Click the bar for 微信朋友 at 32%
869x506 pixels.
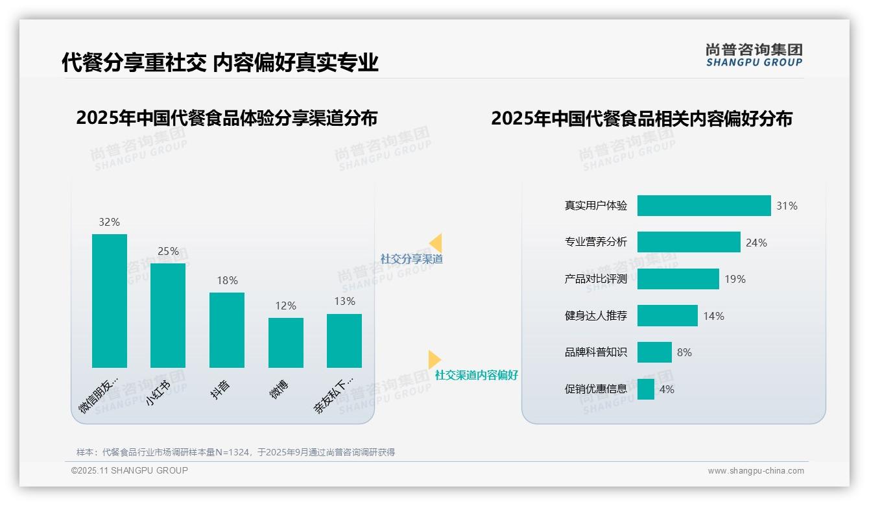click(110, 300)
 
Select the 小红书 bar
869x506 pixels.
click(168, 315)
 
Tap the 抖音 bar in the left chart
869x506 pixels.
click(227, 330)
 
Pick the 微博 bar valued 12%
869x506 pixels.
click(286, 343)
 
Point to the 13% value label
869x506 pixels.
click(344, 301)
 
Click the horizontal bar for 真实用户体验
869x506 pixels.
click(704, 206)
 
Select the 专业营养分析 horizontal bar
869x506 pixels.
click(689, 242)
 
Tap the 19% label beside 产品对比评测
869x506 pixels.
click(735, 279)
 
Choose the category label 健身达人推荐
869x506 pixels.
click(596, 316)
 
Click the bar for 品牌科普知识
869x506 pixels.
click(654, 352)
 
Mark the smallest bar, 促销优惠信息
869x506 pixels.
click(646, 389)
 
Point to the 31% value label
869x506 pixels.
click(787, 206)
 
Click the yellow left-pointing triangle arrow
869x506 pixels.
click(436, 243)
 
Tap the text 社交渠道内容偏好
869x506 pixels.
click(477, 375)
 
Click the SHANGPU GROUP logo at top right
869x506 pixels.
click(754, 55)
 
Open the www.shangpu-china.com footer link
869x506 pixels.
click(756, 471)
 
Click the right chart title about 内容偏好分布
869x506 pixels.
click(641, 119)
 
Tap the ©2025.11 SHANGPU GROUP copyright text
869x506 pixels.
click(130, 470)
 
